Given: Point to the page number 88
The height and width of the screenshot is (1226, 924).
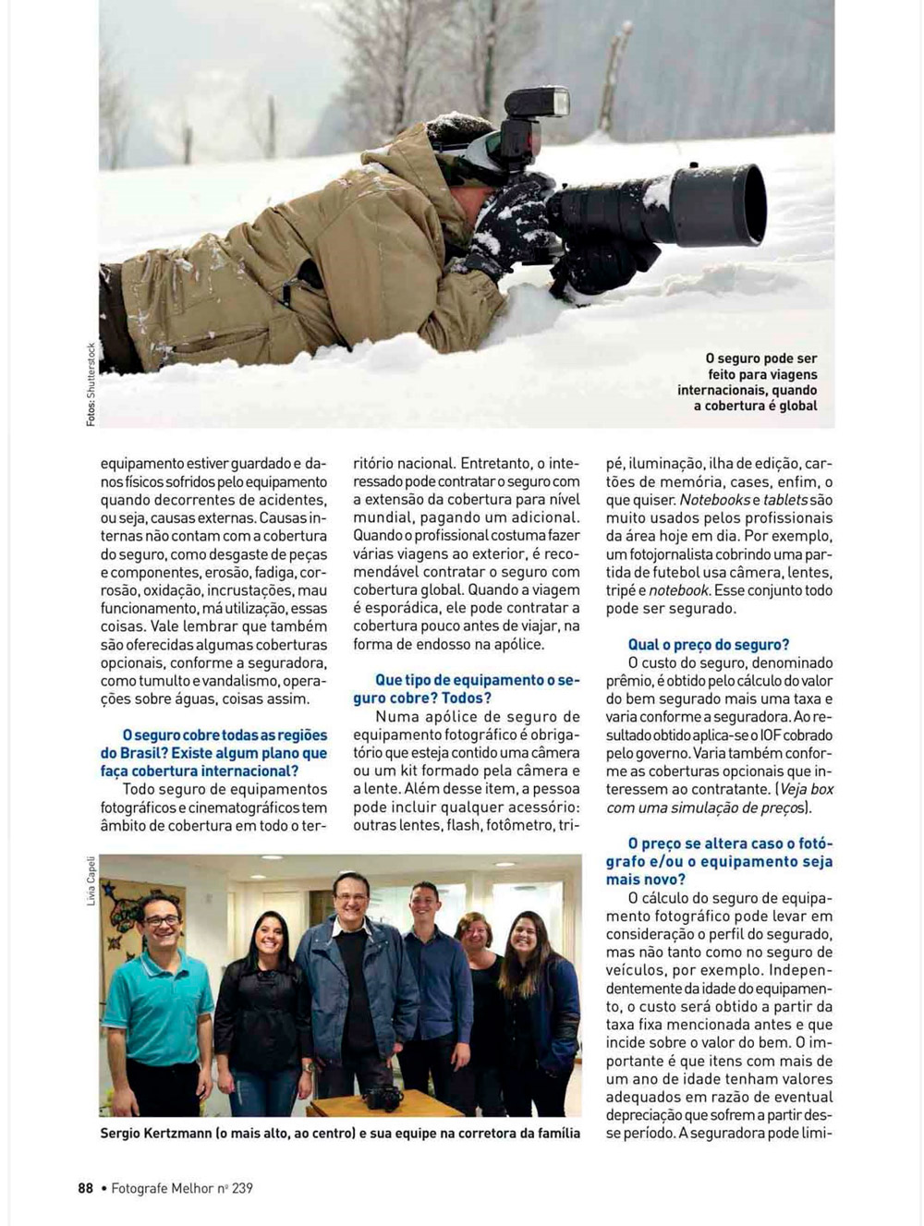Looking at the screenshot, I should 85,1188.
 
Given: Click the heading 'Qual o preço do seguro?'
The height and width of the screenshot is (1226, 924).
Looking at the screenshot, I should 709,645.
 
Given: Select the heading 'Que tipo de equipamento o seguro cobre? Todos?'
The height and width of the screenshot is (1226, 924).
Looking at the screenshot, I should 466,689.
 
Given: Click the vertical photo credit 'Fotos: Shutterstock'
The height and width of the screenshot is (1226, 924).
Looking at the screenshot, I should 91,384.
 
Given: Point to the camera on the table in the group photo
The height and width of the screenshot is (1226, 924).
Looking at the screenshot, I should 381,1099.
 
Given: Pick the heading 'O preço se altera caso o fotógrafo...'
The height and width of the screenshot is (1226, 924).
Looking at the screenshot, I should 719,861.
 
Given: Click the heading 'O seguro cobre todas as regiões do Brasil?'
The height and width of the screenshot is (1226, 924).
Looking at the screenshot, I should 214,753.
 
